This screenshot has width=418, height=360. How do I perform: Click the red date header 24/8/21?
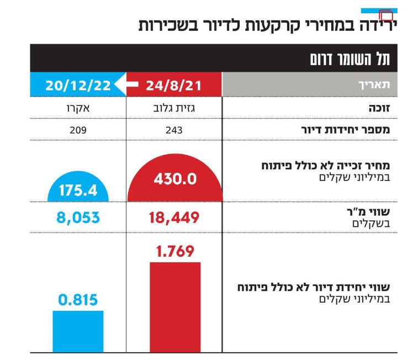(x=174, y=85)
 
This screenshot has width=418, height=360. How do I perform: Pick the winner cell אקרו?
(x=78, y=109)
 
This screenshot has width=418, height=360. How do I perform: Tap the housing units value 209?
(x=78, y=130)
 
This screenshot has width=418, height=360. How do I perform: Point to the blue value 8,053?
(x=78, y=218)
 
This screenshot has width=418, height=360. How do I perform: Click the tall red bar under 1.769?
(x=174, y=306)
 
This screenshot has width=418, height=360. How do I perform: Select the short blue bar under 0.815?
(x=78, y=331)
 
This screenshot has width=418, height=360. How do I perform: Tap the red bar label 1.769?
(x=174, y=251)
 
